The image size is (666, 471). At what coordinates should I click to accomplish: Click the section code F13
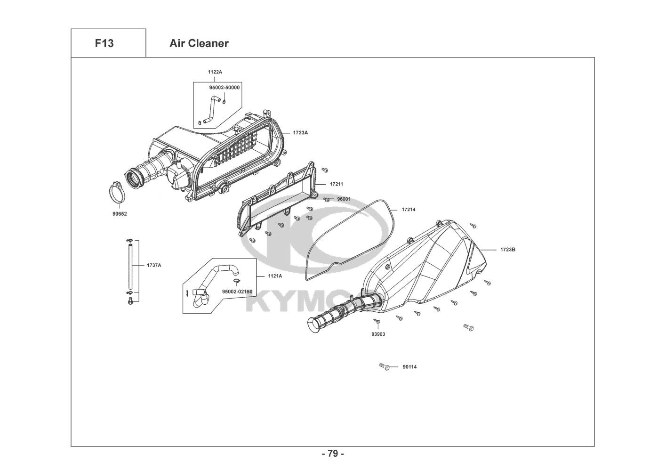click(x=104, y=43)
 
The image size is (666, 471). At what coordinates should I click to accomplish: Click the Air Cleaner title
click(x=199, y=43)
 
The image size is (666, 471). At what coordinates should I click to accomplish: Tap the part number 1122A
click(x=215, y=72)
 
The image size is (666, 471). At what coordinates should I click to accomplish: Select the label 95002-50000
click(x=225, y=88)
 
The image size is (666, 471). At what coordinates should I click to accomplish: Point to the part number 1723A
click(x=300, y=133)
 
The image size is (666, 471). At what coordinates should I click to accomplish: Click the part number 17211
click(x=336, y=184)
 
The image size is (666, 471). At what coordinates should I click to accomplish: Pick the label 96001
click(x=344, y=199)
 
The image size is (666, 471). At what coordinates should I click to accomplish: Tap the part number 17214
click(x=409, y=210)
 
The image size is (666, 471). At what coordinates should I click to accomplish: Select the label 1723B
click(x=508, y=250)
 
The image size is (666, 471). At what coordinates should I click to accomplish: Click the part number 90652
click(x=120, y=214)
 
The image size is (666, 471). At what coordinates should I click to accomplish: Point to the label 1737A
click(x=154, y=265)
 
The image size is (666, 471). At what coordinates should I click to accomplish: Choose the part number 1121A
click(x=275, y=276)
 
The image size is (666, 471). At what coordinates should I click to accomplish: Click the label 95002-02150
click(x=237, y=292)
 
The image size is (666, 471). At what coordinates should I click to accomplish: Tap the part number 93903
click(x=378, y=334)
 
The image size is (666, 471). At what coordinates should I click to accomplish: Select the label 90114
click(x=409, y=367)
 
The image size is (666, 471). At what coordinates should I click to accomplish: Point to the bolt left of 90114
click(x=385, y=366)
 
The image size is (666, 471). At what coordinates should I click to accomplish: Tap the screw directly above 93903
click(x=377, y=321)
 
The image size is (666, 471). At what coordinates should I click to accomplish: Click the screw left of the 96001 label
click(x=326, y=199)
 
